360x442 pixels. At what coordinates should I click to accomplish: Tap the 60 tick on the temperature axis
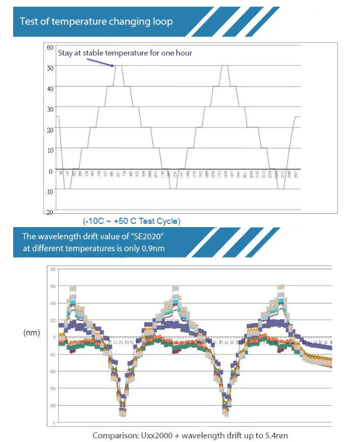tap(51, 47)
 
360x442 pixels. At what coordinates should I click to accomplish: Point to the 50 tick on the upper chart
tap(51, 67)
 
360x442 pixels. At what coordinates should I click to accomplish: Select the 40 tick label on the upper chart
tap(51, 88)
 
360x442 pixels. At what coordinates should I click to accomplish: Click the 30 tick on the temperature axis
tap(51, 109)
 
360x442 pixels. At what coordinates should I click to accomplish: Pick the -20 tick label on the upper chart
tap(49, 212)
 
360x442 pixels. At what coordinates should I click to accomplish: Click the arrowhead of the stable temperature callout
tap(113, 66)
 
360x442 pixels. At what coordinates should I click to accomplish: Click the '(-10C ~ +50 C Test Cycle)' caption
tap(131, 221)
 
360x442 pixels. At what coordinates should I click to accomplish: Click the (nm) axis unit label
tap(32, 333)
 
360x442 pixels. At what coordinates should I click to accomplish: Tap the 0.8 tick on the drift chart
tap(53, 269)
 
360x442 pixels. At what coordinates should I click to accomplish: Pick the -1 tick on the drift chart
tap(54, 423)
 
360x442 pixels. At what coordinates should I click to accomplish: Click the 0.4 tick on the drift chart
tap(53, 303)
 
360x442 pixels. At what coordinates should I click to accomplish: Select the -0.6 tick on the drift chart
tap(53, 388)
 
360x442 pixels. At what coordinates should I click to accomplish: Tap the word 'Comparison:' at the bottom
tap(114, 435)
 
